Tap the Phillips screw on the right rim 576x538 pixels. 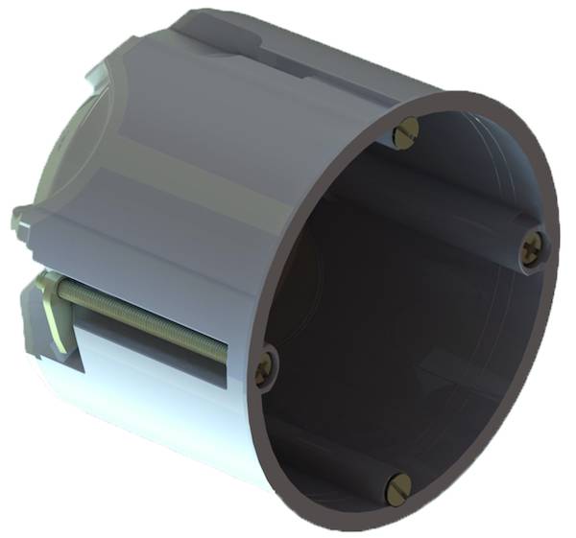tap(534, 251)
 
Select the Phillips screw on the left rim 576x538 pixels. tap(265, 366)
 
